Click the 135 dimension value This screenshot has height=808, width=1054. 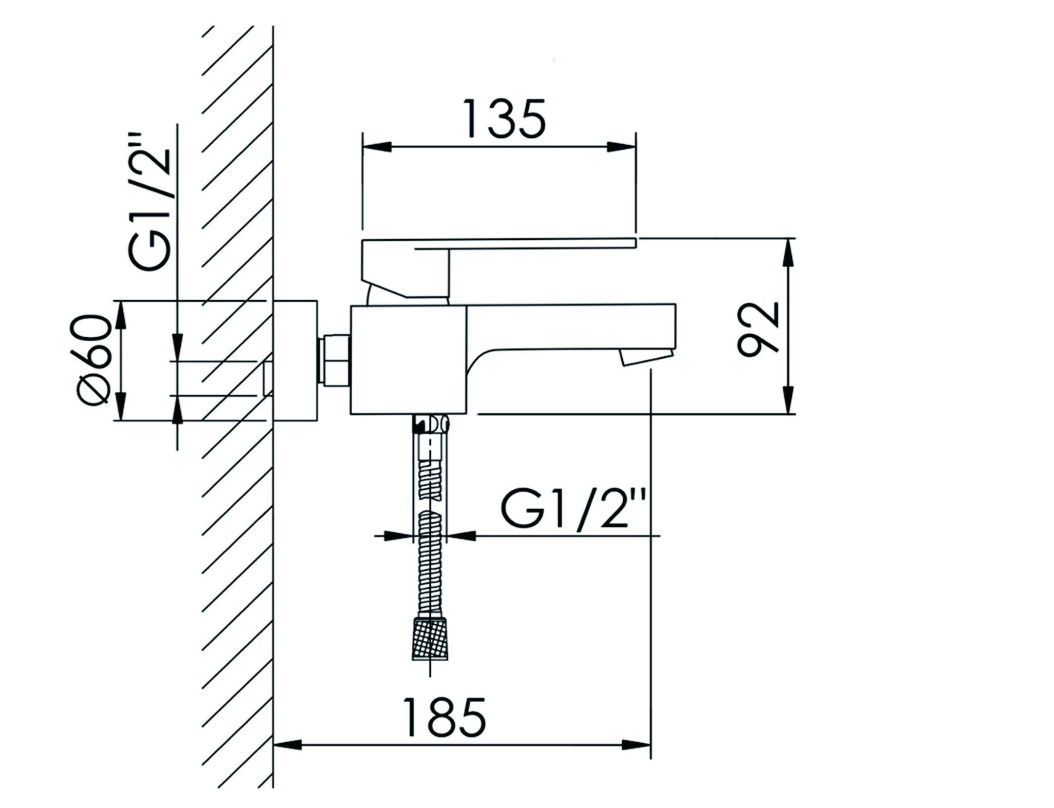point(504,118)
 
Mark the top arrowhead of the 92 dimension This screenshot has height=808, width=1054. point(787,252)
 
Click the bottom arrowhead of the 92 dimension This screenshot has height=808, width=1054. point(787,400)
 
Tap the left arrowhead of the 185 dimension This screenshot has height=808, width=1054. point(288,759)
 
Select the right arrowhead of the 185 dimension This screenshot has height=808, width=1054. point(637,759)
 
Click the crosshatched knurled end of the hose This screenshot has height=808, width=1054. point(429,639)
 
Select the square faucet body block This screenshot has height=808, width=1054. point(408,360)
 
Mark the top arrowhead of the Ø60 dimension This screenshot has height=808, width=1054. point(122,316)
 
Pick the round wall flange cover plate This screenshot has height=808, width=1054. point(295,361)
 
